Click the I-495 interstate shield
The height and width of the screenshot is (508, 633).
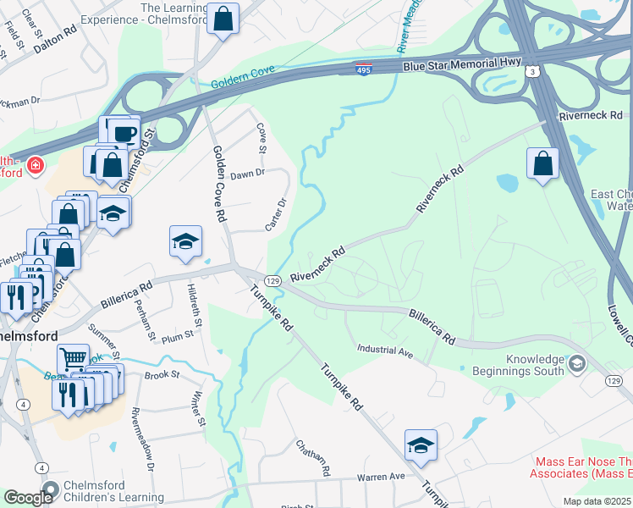click(363, 68)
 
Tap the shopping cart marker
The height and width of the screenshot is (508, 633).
click(73, 360)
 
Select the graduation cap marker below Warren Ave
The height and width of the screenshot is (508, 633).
click(421, 445)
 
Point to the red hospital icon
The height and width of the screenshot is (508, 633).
click(36, 164)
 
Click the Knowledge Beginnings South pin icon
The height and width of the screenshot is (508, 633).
click(577, 364)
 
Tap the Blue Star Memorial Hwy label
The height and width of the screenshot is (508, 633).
click(449, 65)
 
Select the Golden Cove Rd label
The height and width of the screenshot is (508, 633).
click(219, 195)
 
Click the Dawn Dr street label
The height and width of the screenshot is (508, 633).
click(248, 173)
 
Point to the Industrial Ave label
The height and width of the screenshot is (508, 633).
click(384, 350)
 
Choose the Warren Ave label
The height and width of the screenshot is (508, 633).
click(381, 477)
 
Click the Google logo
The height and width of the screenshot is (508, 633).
click(29, 497)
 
